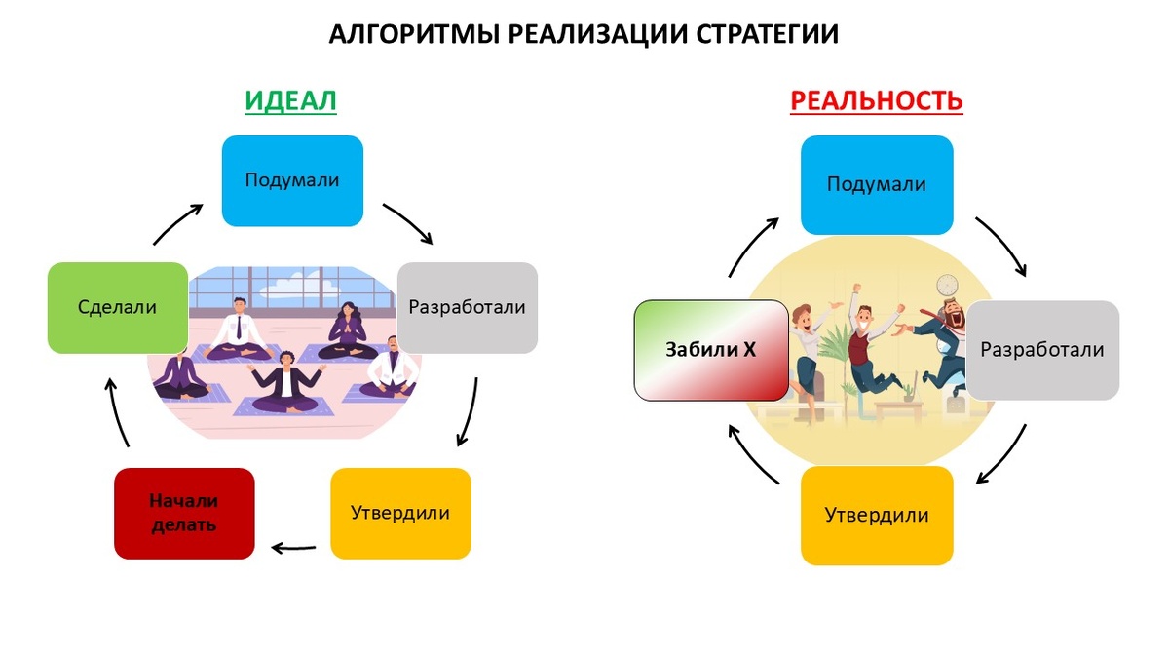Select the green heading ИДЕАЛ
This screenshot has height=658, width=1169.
point(290,100)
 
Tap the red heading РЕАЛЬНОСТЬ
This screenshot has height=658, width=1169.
point(876,100)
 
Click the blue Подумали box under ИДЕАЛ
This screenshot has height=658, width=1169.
point(292,180)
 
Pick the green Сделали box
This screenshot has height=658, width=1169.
point(117,307)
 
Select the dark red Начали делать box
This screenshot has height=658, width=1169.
point(184,514)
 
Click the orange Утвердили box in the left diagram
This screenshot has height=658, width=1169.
point(400,514)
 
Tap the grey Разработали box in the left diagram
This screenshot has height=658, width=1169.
point(468,307)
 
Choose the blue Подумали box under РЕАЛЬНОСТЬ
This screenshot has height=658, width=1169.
point(877,184)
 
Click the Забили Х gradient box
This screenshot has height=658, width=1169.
point(711,350)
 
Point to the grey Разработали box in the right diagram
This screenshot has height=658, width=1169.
point(1042,350)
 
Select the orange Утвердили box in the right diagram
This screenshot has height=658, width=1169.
point(877,515)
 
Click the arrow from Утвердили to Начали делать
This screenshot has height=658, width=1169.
point(293,546)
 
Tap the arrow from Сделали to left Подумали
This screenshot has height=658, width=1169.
point(176,224)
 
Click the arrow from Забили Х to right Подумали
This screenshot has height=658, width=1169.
point(751,246)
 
